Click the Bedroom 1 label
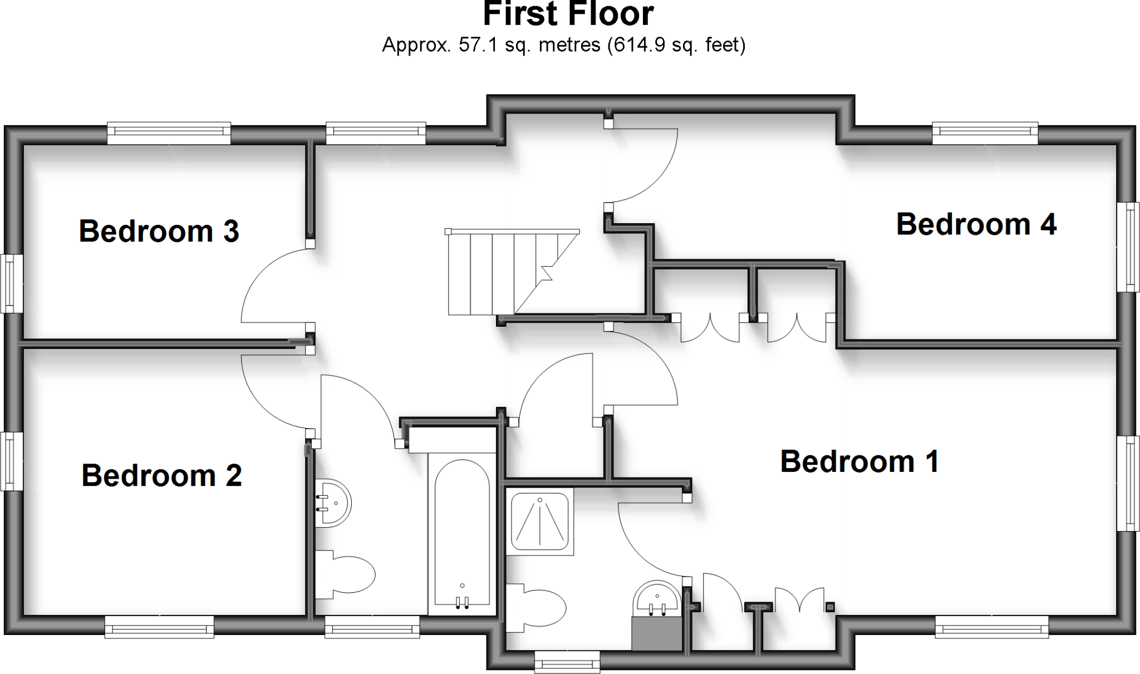(859, 461)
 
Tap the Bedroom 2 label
(161, 475)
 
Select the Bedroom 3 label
(159, 231)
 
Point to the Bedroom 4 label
(976, 224)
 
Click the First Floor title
(568, 13)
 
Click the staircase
(512, 272)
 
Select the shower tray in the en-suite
(539, 521)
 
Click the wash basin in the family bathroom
(333, 503)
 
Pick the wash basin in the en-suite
(657, 599)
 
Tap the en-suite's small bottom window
(567, 663)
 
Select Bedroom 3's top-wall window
(169, 132)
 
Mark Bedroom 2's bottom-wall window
(159, 627)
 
